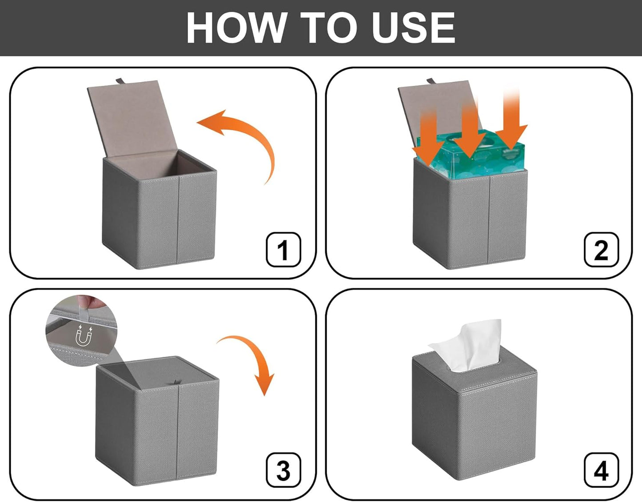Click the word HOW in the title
point(236,28)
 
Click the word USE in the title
point(413,28)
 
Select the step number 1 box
point(283,250)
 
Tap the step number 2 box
point(601,250)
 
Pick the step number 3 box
point(283,470)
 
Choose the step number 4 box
point(601,470)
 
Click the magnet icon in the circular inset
point(84,335)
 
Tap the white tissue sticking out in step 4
point(467,346)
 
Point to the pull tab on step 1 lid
point(120,81)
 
